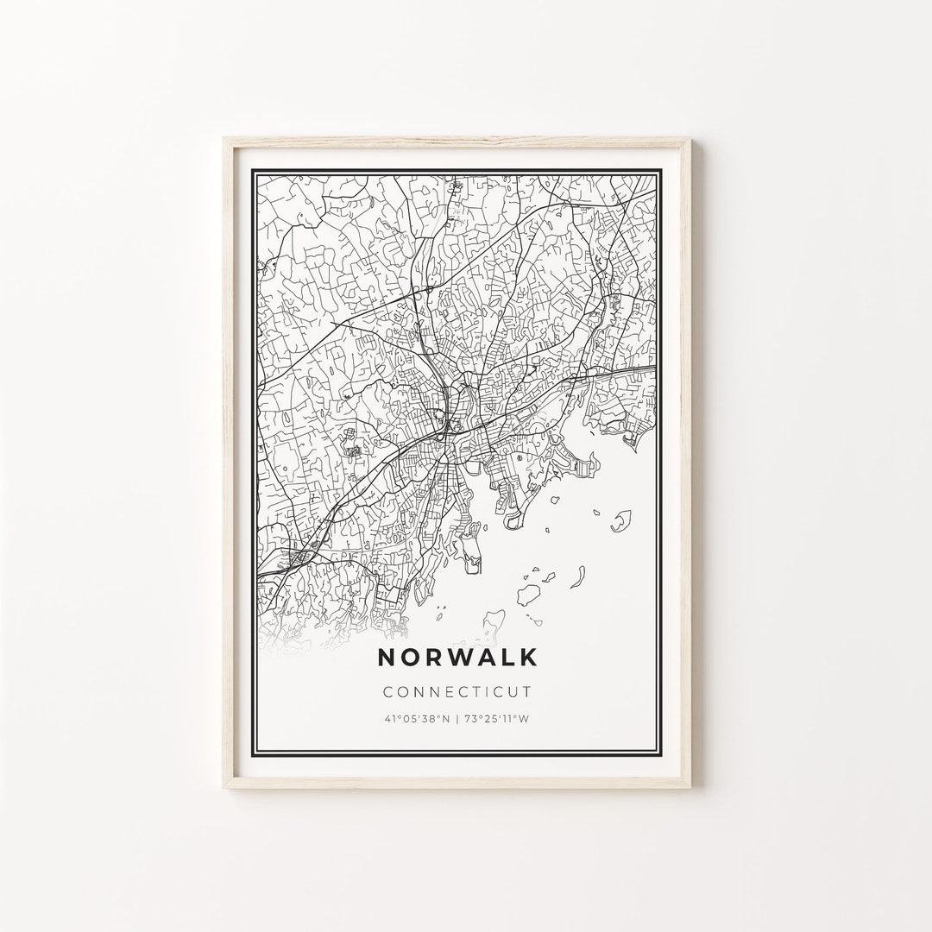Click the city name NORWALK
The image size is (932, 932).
point(457,657)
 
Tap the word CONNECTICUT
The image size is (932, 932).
point(457,691)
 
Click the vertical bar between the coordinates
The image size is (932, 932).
point(457,718)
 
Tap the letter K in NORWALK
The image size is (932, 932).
point(527,657)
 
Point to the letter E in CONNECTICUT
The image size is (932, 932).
point(445,691)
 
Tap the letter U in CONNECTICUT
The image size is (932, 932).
point(515,691)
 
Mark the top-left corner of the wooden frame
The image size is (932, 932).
point(224,139)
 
